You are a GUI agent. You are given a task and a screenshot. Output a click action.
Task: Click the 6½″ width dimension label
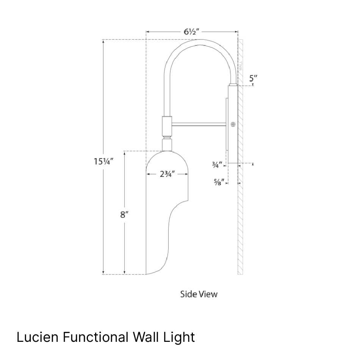click(x=192, y=32)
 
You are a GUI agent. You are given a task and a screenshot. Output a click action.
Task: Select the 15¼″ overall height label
click(x=104, y=162)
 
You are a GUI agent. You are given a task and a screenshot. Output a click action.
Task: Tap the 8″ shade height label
click(x=124, y=215)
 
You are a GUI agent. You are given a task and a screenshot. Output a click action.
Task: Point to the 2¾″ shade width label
click(x=167, y=175)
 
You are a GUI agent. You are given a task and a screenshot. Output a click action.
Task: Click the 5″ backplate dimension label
click(x=253, y=79)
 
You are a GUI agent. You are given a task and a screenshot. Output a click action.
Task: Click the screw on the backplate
click(x=233, y=124)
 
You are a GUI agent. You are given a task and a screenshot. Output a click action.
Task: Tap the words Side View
click(x=199, y=294)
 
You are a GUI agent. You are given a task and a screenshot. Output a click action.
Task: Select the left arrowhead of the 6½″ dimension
click(x=148, y=32)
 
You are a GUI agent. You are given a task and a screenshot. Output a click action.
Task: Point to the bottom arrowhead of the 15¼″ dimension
click(x=103, y=272)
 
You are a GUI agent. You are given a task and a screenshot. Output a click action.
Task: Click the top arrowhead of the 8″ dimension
click(x=124, y=153)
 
